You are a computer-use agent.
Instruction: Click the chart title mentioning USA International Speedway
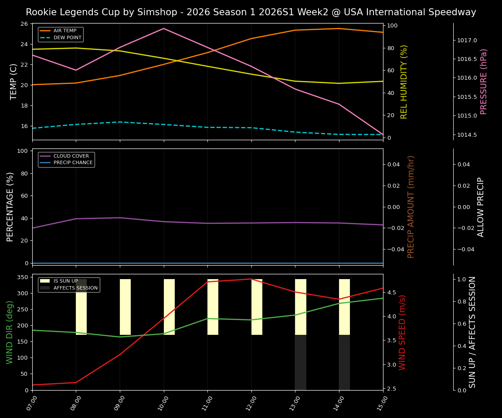click(x=251, y=12)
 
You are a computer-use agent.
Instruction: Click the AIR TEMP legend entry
click(x=64, y=31)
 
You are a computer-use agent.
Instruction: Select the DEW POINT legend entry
click(x=67, y=38)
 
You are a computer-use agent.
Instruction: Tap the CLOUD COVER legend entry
click(x=71, y=156)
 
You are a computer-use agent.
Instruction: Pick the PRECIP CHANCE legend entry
click(x=73, y=163)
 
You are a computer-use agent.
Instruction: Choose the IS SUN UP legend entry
click(x=65, y=281)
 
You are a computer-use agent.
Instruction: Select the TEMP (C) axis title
click(x=14, y=81)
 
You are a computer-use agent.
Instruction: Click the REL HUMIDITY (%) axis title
click(x=404, y=81)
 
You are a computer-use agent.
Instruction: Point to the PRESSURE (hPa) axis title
click(x=484, y=81)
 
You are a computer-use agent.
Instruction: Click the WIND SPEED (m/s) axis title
click(x=402, y=332)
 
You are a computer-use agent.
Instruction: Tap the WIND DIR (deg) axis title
click(x=10, y=332)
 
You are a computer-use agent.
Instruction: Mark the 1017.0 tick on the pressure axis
click(x=467, y=40)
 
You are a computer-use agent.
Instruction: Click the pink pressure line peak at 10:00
click(x=164, y=29)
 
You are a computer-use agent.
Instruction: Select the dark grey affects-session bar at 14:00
click(x=344, y=362)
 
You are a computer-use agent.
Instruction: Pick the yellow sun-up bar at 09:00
click(x=125, y=307)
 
